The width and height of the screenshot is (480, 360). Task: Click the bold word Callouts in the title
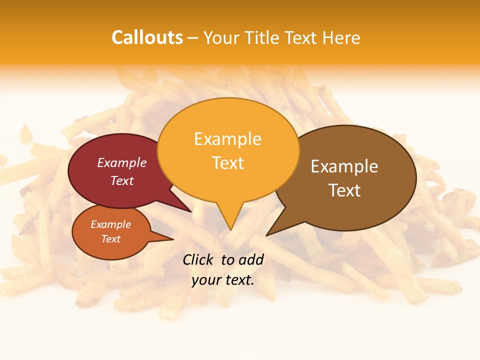pos(147,37)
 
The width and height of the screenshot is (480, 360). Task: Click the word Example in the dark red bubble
pos(122,162)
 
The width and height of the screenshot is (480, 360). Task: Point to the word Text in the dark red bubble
pos(122,180)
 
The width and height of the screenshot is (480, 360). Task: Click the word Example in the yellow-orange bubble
pos(227,139)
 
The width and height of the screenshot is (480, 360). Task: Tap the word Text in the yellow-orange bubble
pos(227,163)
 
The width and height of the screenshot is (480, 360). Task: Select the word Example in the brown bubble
pos(344,166)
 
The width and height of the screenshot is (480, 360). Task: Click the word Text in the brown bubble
pos(344,190)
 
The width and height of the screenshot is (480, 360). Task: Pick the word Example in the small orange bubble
pos(110,224)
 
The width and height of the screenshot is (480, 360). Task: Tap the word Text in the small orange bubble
pos(110,239)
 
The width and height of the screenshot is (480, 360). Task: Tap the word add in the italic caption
pos(251,259)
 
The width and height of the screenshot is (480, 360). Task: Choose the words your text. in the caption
pos(223,280)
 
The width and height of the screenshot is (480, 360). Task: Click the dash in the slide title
pos(193,37)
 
